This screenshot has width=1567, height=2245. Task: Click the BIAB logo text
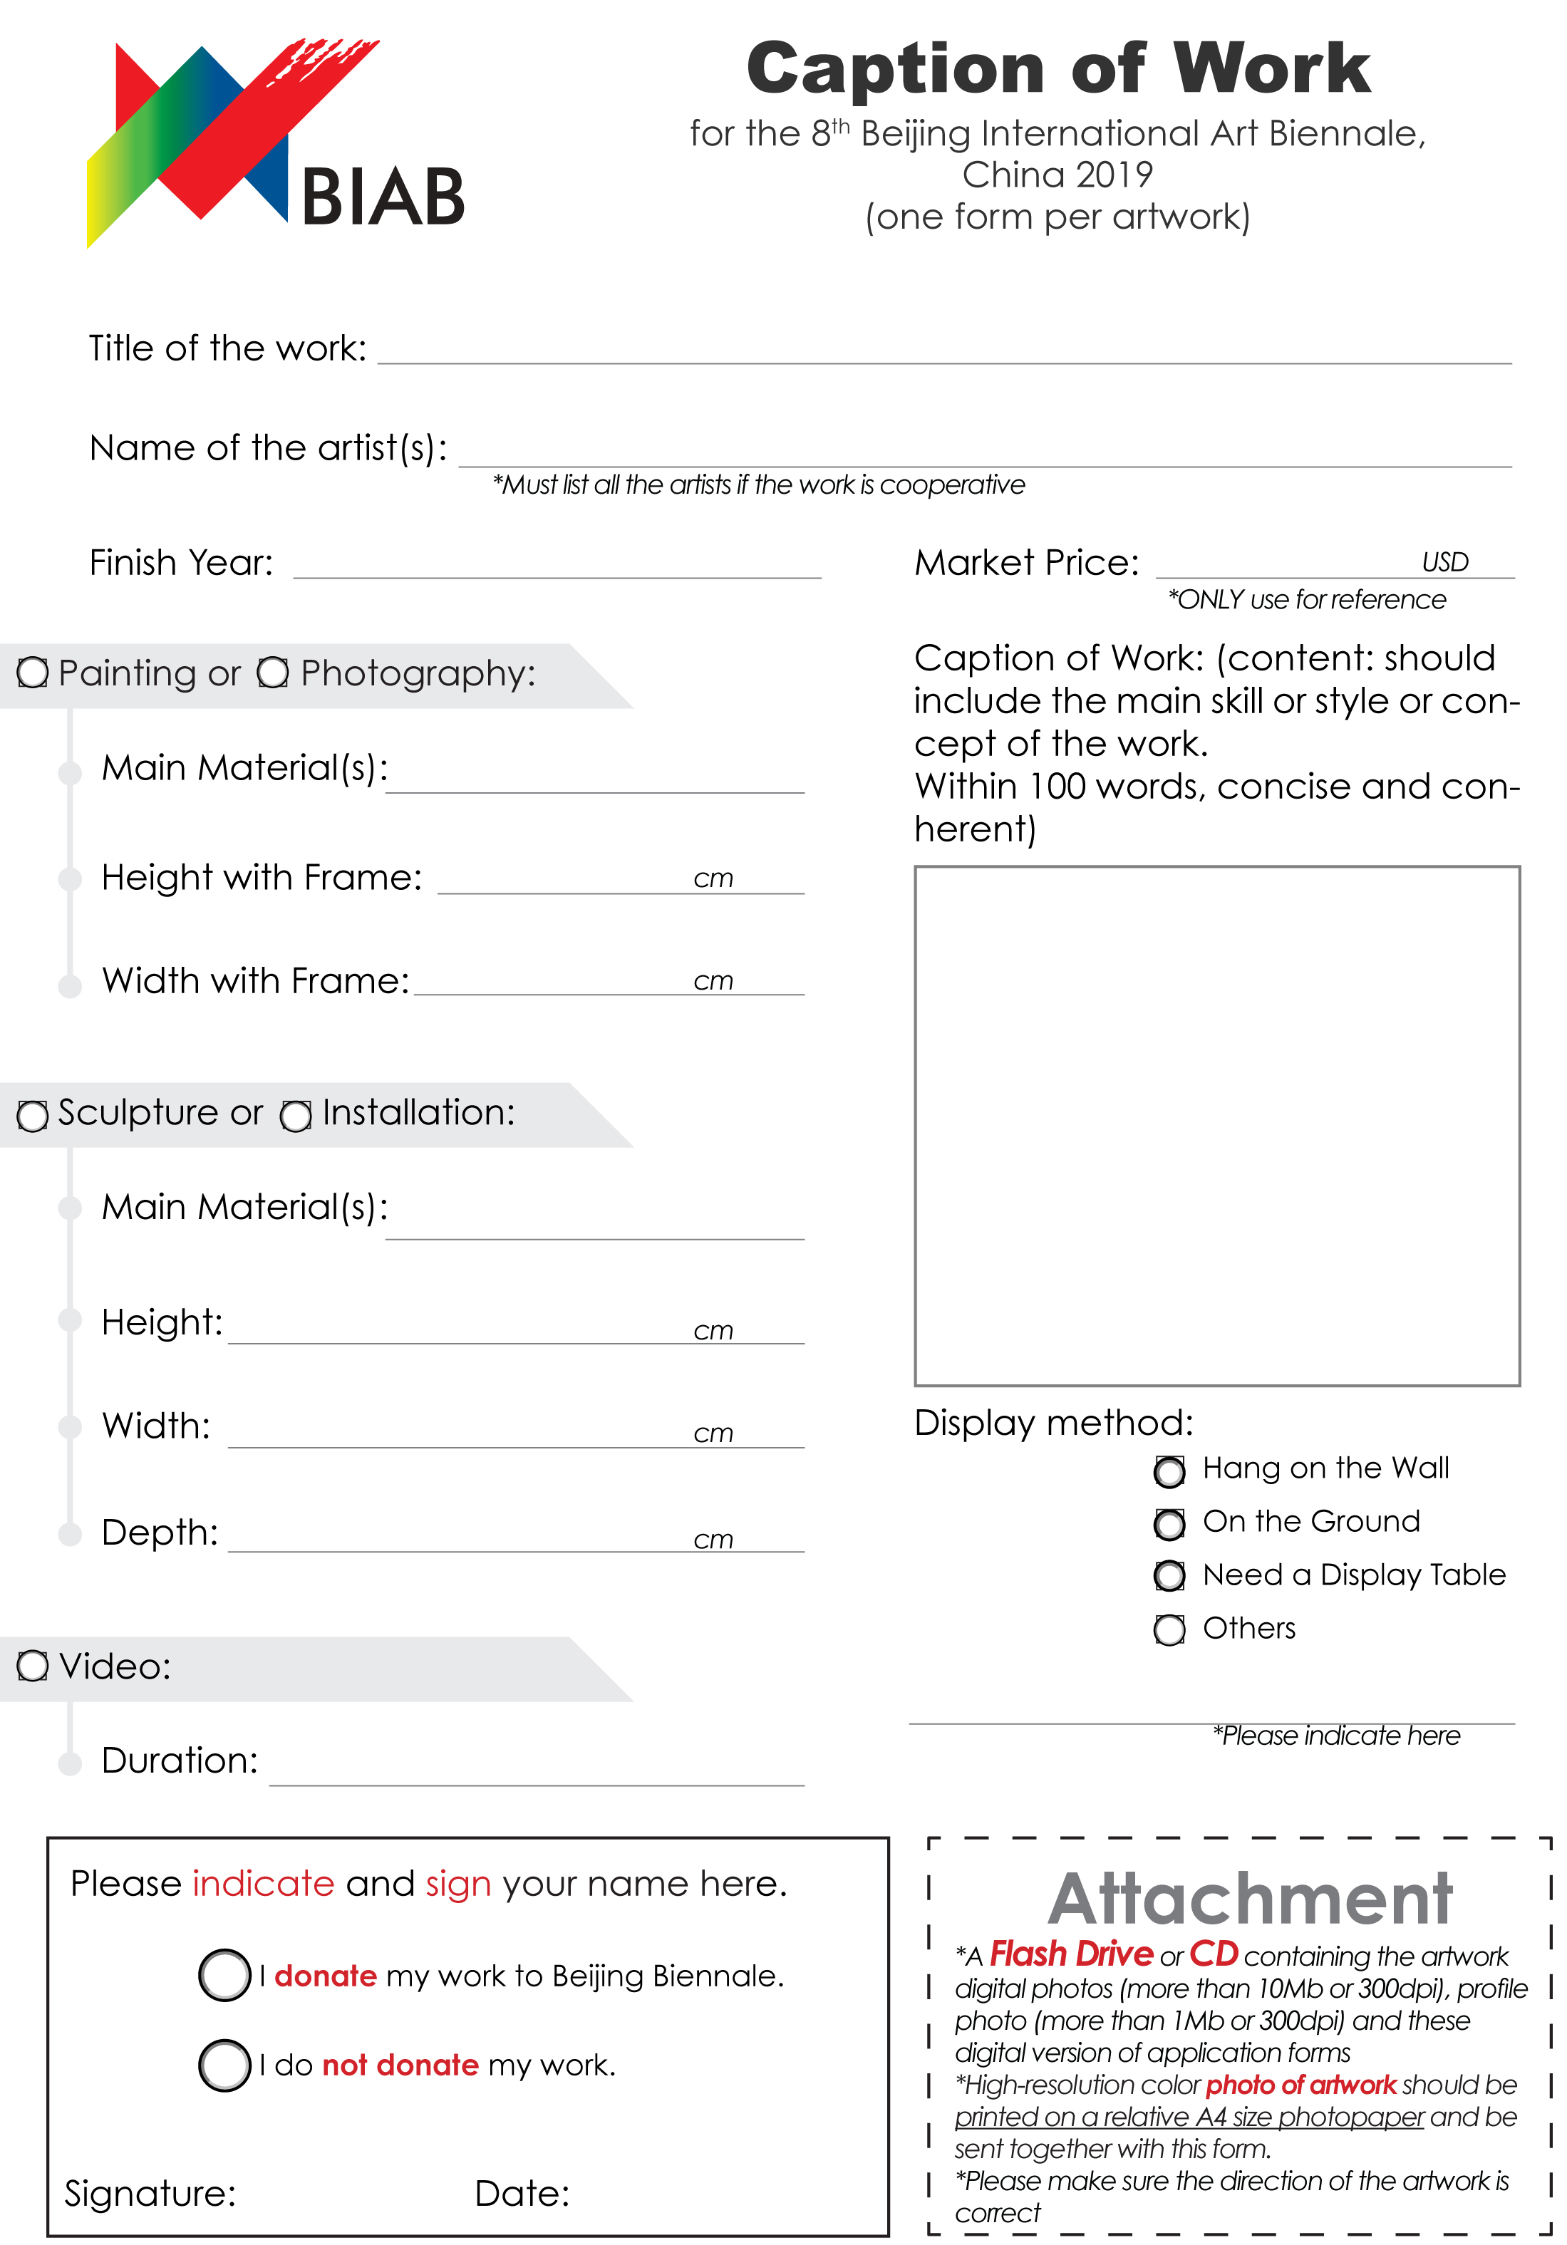pos(383,197)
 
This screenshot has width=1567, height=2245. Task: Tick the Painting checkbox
pos(32,673)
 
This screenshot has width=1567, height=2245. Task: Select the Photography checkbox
pos(273,673)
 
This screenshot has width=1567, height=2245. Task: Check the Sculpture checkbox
pos(32,1115)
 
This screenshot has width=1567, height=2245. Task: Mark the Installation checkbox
pos(296,1115)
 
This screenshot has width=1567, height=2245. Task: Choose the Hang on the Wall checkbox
pos(1169,1471)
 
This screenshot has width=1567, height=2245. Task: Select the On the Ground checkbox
pos(1169,1523)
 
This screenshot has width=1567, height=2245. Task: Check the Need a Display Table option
pos(1169,1575)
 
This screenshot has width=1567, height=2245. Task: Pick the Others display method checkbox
pos(1169,1629)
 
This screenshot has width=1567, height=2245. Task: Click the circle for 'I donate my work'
pos(225,1975)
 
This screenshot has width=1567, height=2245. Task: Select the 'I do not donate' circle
pos(225,2064)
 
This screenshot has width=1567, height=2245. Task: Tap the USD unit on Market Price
pos(1444,562)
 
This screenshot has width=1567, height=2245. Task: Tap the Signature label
pos(150,2193)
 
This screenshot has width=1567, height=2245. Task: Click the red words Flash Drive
pos(1071,1954)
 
